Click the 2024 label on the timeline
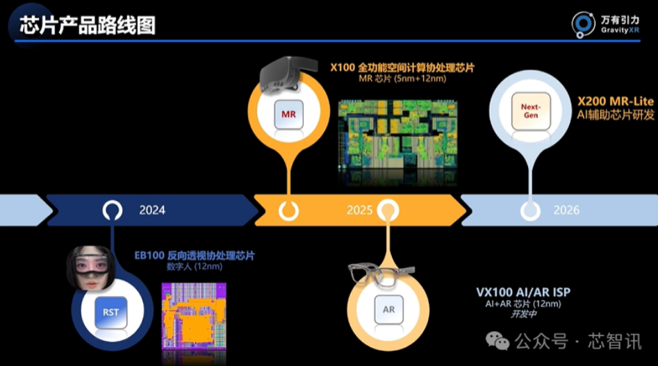(152, 209)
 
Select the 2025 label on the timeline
(360, 209)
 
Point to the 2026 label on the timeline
(566, 209)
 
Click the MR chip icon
(288, 112)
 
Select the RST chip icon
(111, 312)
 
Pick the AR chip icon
(388, 309)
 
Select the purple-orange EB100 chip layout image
(194, 323)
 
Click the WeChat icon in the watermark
(497, 340)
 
